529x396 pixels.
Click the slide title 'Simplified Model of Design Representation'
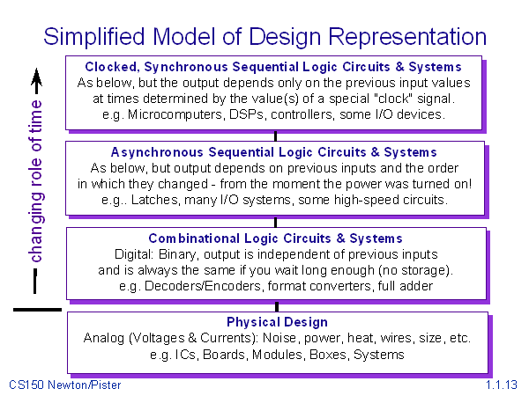coord(264,36)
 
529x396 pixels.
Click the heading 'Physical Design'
coord(277,322)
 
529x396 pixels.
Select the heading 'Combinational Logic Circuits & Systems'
coord(277,238)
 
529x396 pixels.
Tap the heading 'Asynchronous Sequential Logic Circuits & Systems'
coord(274,152)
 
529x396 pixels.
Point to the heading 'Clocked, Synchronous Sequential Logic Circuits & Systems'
coord(273,67)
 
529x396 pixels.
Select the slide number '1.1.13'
coord(501,385)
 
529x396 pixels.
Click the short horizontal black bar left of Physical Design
coord(37,309)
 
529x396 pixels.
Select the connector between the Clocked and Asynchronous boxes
coord(277,136)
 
